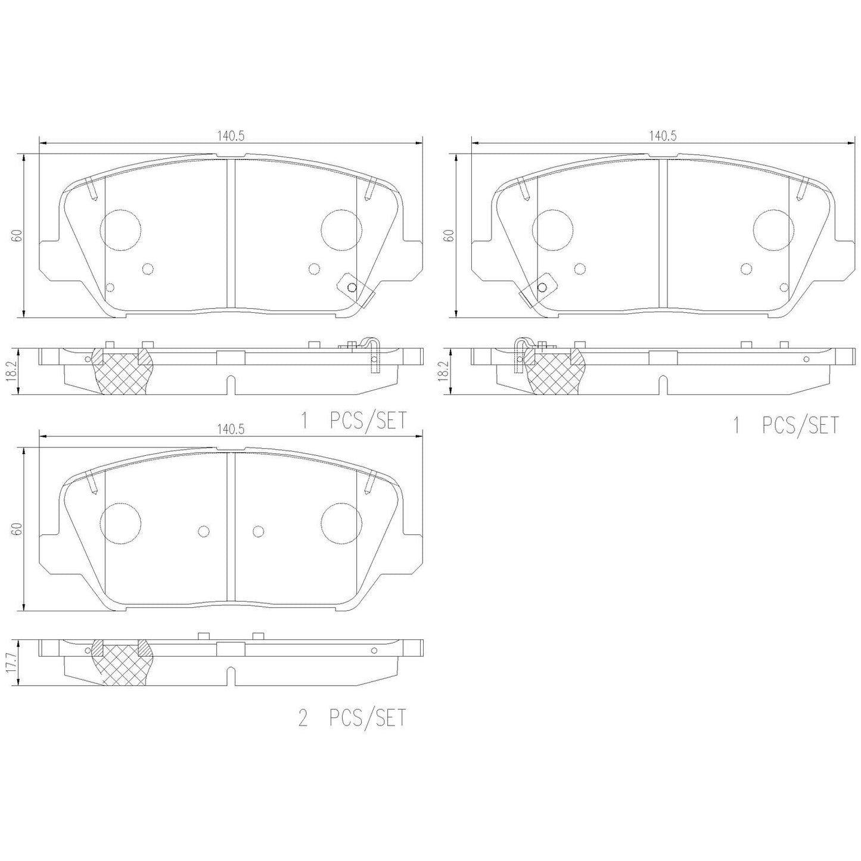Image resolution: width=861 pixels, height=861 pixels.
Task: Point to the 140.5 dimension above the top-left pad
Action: [x=231, y=136]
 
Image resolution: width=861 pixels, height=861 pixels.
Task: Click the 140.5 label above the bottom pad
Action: [x=231, y=430]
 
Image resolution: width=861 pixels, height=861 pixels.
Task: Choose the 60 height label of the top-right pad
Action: [x=449, y=235]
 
